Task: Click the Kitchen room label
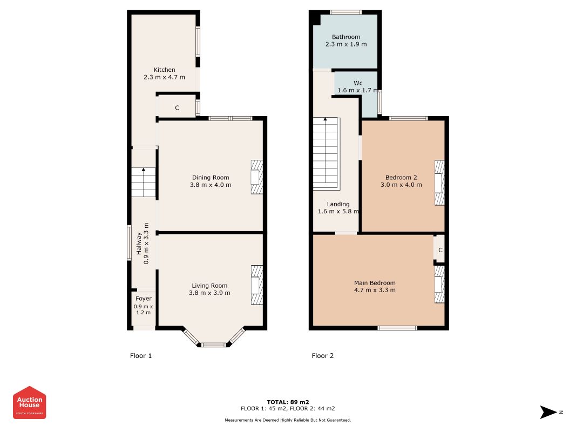click(x=164, y=70)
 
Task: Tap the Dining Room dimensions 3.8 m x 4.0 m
click(x=211, y=185)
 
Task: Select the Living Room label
click(x=209, y=286)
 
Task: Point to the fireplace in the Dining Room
click(x=257, y=177)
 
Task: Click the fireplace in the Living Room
click(x=257, y=285)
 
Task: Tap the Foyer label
click(x=143, y=299)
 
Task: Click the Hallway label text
click(x=139, y=243)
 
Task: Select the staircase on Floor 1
click(x=143, y=182)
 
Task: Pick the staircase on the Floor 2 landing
click(x=326, y=153)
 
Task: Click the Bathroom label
click(x=345, y=37)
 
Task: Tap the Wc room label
click(x=358, y=83)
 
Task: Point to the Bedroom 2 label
click(x=401, y=178)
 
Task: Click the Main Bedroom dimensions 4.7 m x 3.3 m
click(x=375, y=290)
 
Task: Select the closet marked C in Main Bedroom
click(x=440, y=250)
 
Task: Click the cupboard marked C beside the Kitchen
click(x=177, y=107)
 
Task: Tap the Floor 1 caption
click(x=141, y=356)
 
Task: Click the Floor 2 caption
click(x=322, y=356)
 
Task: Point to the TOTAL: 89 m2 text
click(x=288, y=402)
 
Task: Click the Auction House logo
click(x=29, y=403)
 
